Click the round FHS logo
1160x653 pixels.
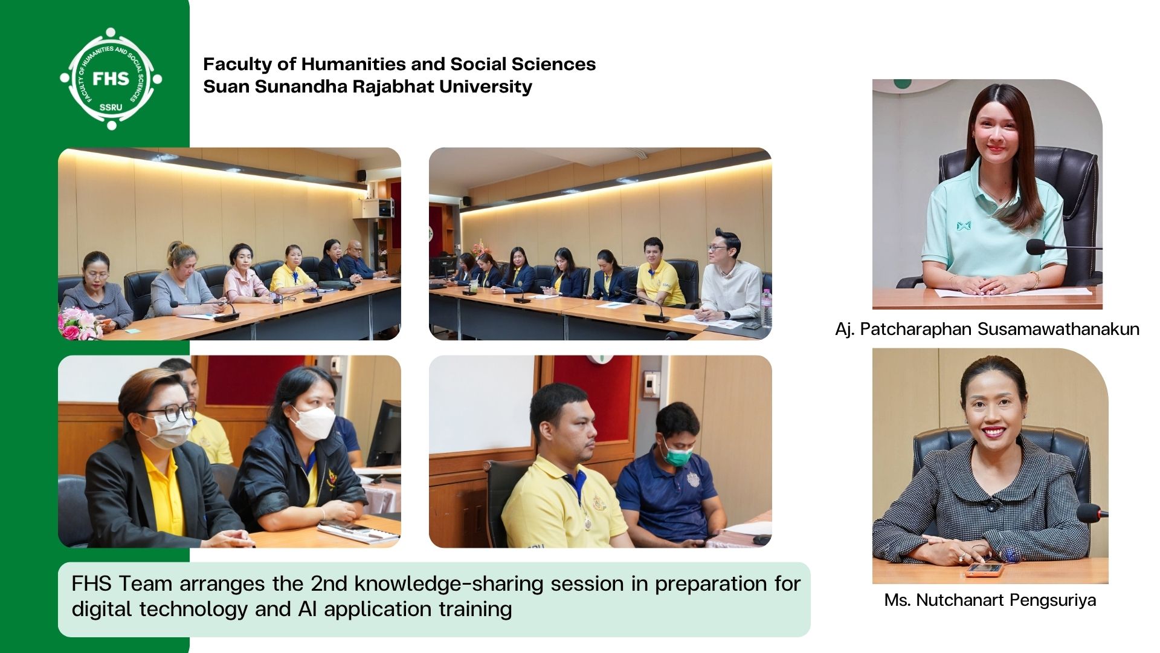tap(111, 79)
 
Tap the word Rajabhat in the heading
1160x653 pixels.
tap(393, 86)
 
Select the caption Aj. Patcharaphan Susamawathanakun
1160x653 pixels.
tap(987, 329)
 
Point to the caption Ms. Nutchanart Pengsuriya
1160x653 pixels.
tap(990, 600)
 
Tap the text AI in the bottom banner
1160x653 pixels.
tap(308, 608)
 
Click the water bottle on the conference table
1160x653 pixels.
tap(766, 308)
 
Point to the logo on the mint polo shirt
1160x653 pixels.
tap(963, 226)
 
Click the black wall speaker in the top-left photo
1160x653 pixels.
tap(361, 176)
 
